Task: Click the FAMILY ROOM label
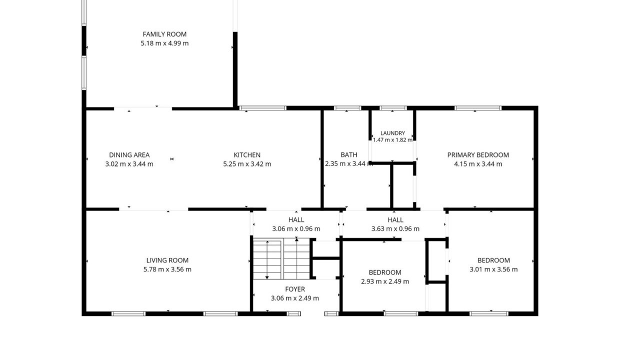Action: (164, 34)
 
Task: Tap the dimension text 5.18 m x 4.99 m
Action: (164, 43)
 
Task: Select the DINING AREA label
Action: (129, 155)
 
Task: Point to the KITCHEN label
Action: (247, 155)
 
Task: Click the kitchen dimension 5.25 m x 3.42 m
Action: (247, 164)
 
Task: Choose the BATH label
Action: (349, 154)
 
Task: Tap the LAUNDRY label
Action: (393, 133)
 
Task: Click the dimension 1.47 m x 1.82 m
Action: (393, 139)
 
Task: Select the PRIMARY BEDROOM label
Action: (478, 155)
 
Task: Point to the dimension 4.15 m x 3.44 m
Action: (478, 164)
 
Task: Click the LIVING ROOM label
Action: (167, 260)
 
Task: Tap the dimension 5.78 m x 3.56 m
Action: (167, 269)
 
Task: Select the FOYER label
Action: (295, 289)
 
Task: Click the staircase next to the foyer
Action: (281, 259)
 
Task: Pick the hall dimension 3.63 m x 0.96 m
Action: (395, 229)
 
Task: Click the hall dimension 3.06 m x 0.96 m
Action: (296, 229)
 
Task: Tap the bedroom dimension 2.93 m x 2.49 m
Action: (385, 281)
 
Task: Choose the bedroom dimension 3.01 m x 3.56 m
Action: (493, 269)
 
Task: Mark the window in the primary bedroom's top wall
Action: (478, 108)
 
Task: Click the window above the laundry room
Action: (393, 108)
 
